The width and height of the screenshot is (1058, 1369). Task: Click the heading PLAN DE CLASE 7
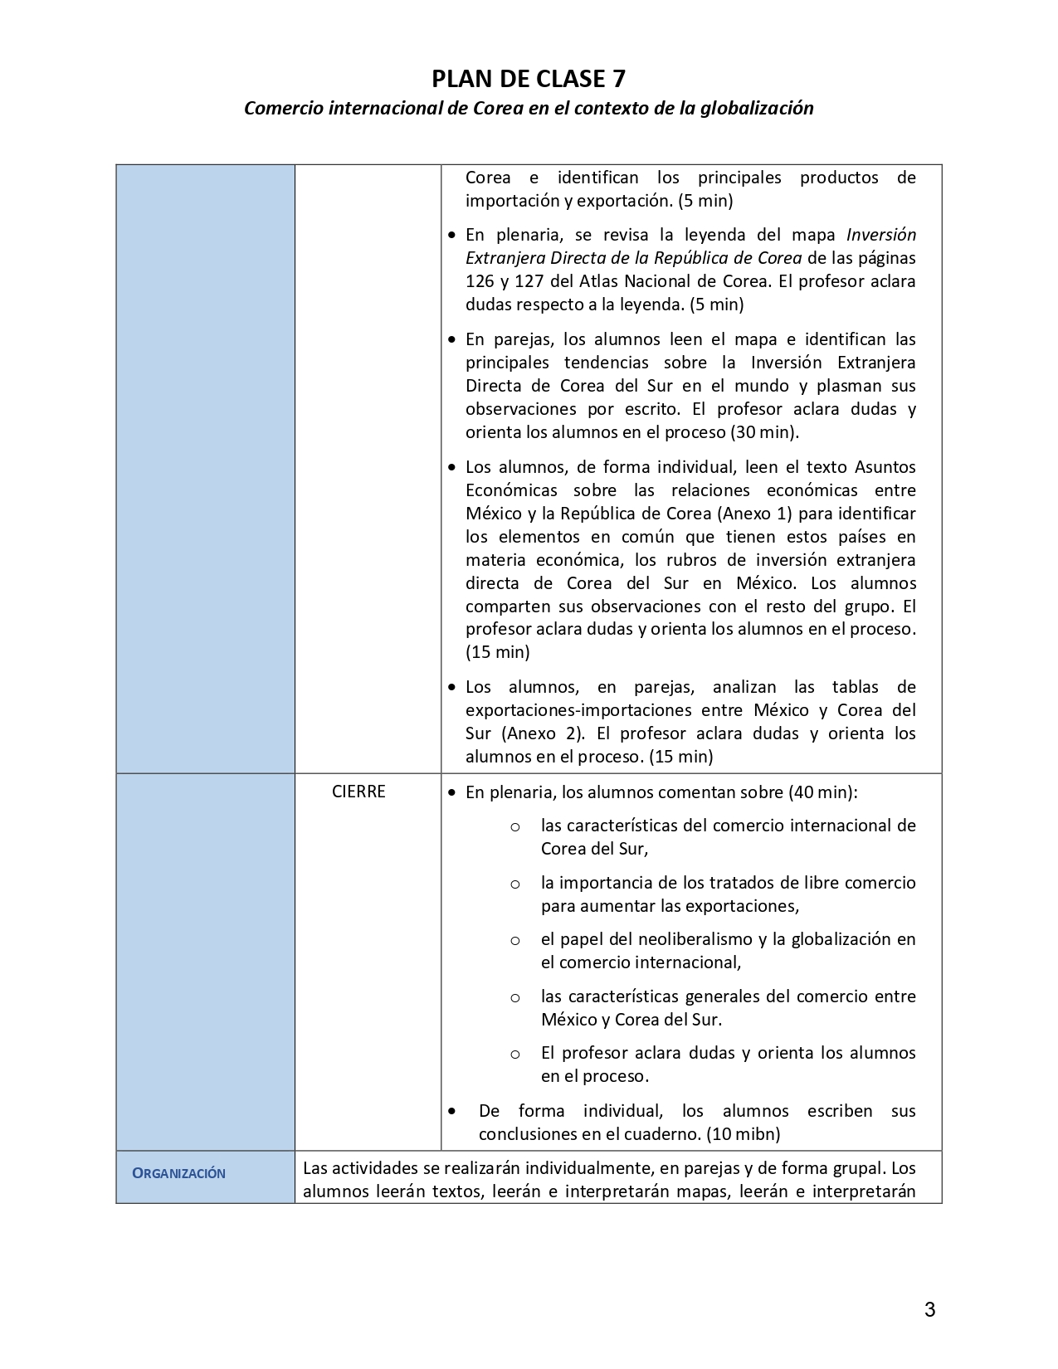tap(529, 79)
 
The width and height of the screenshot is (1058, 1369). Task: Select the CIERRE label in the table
tap(358, 792)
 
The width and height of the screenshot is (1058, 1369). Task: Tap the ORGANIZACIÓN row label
tap(179, 1173)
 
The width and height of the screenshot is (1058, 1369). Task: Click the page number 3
tap(929, 1310)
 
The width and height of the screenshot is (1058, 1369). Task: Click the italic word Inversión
tap(881, 235)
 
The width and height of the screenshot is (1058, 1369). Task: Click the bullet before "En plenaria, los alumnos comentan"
tap(451, 793)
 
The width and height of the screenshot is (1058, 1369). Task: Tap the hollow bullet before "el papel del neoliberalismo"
tap(515, 941)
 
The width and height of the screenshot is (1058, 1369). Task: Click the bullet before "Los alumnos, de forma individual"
tap(451, 468)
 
